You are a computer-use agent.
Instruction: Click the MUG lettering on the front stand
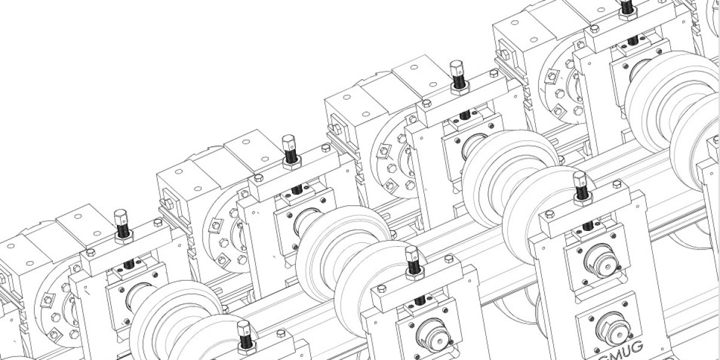[618, 348]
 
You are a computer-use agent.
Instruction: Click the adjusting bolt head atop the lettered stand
[579, 178]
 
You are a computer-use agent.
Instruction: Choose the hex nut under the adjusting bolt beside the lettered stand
[415, 275]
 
